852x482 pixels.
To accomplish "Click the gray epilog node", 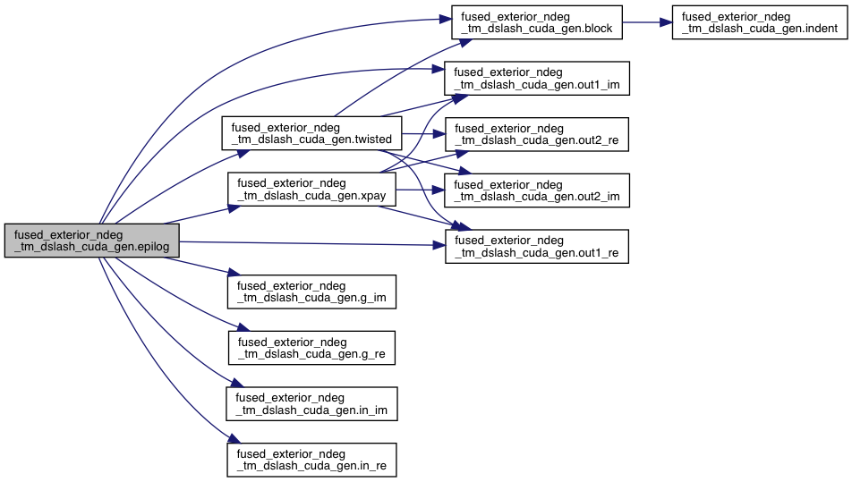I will pos(92,241).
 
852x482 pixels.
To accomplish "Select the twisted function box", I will pos(311,133).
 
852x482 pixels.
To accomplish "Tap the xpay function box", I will pos(311,189).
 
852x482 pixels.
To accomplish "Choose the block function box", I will pos(534,22).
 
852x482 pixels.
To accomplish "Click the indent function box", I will pos(759,22).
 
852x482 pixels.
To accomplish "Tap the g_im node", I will pos(311,290).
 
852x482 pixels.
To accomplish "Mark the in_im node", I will pos(311,403).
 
